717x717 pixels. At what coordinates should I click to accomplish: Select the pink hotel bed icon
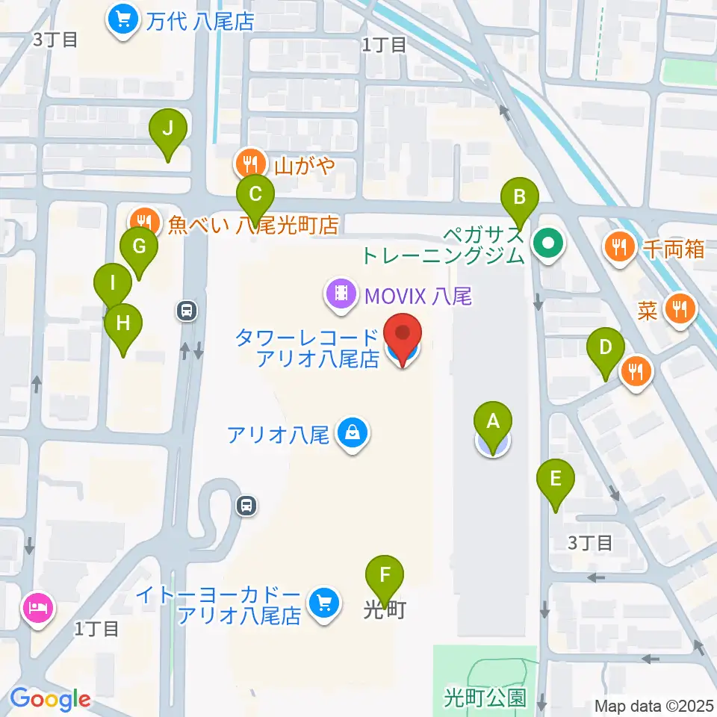37,606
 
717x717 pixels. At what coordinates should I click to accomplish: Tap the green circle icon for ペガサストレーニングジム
549,243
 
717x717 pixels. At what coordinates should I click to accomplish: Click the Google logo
50,699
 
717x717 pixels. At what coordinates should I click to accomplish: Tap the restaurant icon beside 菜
679,308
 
